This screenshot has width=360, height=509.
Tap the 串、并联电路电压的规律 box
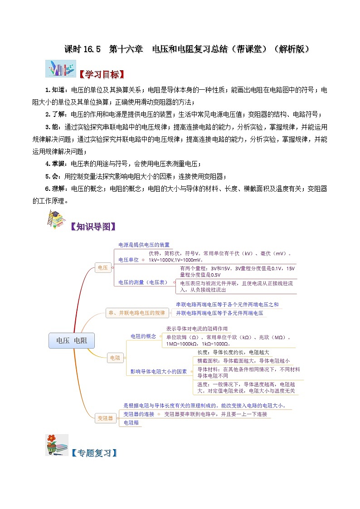pyautogui.click(x=137, y=313)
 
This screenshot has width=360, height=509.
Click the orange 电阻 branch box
pyautogui.click(x=115, y=358)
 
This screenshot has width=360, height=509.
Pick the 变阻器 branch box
pyautogui.click(x=105, y=418)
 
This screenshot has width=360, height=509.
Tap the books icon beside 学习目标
pyautogui.click(x=57, y=69)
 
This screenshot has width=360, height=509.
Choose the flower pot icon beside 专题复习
pyautogui.click(x=57, y=445)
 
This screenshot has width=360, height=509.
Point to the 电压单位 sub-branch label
pyautogui.click(x=128, y=260)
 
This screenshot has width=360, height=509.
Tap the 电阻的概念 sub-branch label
pyautogui.click(x=143, y=336)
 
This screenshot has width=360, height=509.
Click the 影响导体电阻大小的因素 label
pyautogui.click(x=159, y=371)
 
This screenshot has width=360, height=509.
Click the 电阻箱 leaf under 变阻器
pyautogui.click(x=131, y=423)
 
